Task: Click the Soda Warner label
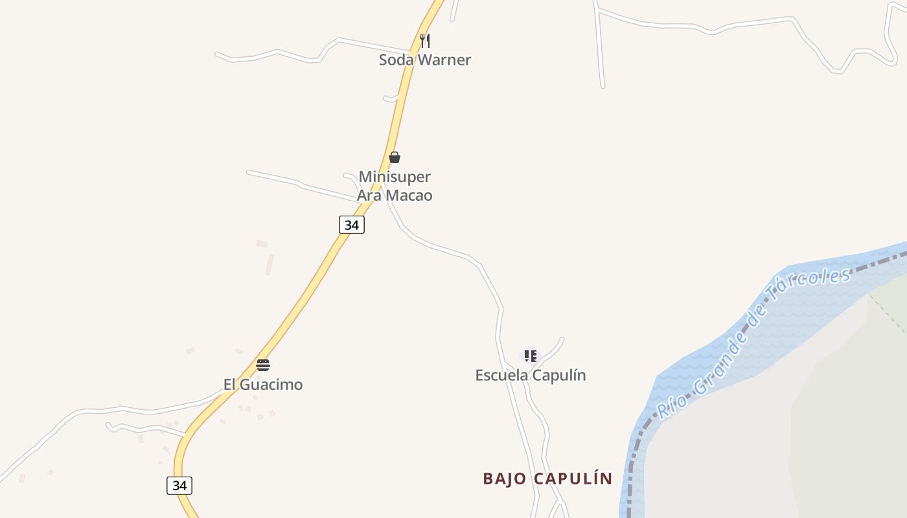coord(424,60)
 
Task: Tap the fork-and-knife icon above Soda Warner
coord(425,41)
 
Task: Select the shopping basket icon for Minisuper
coord(394,157)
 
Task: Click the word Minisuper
coord(395,177)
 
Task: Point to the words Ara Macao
coord(395,196)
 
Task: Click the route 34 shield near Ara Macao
coord(351,225)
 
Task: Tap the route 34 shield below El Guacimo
coord(179,485)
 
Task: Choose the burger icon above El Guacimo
coord(262,365)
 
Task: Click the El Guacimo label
coord(262,385)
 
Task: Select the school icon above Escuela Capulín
coord(531,355)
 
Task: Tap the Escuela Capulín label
coord(530,376)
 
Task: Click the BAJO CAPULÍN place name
coord(547,479)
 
